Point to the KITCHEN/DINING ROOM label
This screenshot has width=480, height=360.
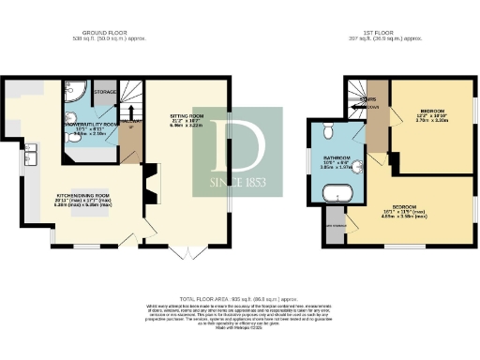74,198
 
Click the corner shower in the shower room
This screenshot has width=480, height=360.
75,94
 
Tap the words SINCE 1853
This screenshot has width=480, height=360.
237,181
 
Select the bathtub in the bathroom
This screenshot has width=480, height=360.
335,196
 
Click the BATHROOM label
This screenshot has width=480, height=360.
337,157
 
